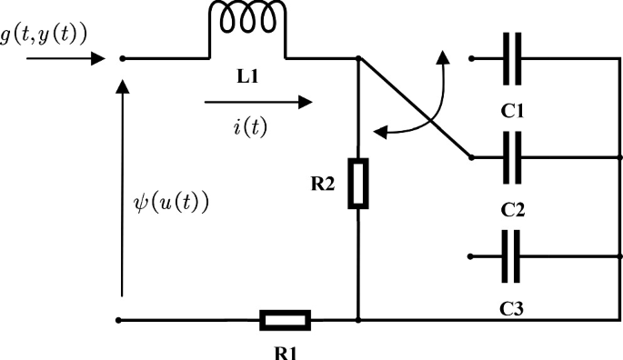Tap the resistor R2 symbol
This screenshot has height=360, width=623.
click(x=359, y=185)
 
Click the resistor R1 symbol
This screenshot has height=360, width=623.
click(x=286, y=320)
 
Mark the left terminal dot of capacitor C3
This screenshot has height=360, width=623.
click(x=471, y=257)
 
